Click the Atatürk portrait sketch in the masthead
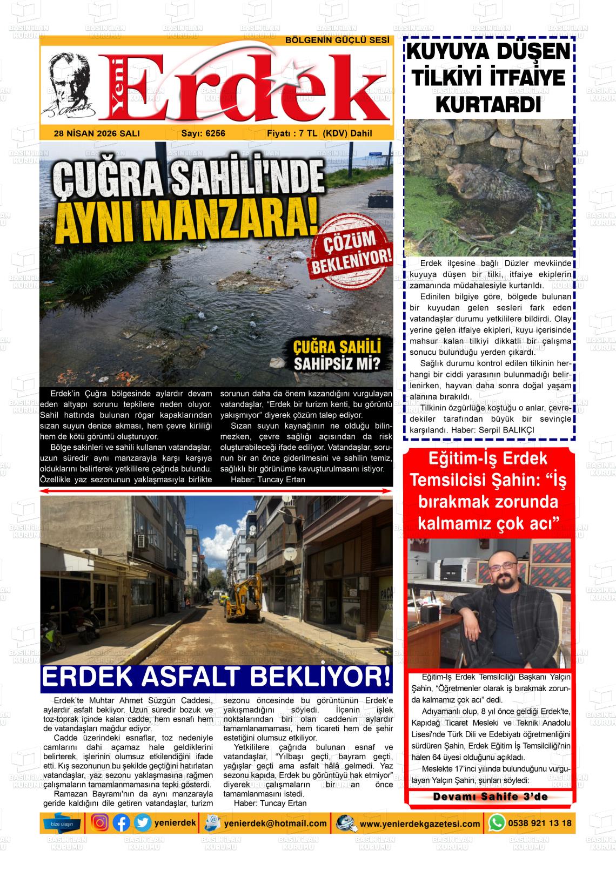point(73,86)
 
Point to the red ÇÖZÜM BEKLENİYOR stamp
point(350,253)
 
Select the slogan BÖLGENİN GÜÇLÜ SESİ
point(337,41)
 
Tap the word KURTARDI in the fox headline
point(488,104)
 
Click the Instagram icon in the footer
point(99,823)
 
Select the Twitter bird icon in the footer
point(142,823)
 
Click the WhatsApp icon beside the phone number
point(497,823)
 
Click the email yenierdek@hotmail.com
point(276,823)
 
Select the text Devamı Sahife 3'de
point(490,797)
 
